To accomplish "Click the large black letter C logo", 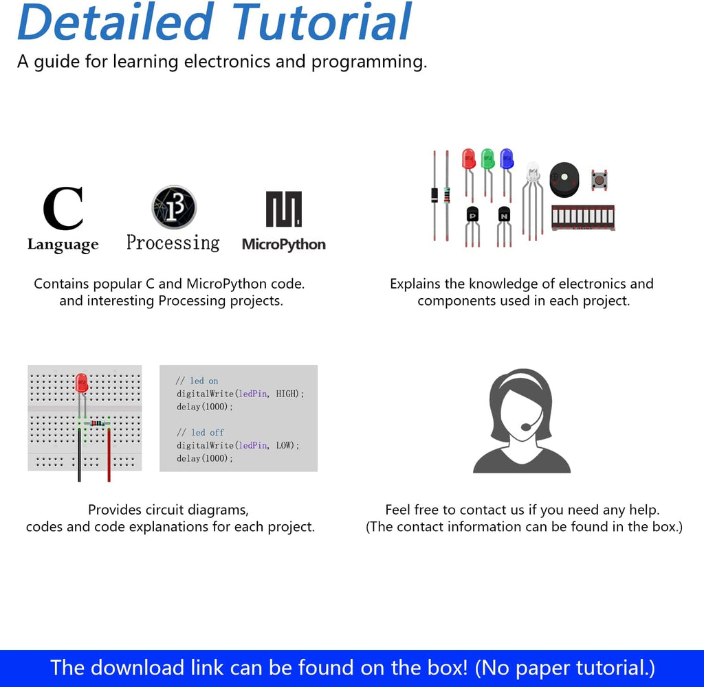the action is click(x=63, y=207).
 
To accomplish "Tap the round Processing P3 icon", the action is click(x=174, y=207).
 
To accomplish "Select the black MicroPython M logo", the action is click(x=284, y=209).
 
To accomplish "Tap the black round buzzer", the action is click(x=564, y=179).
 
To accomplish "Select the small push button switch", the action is click(x=599, y=180).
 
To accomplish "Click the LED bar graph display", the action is click(x=583, y=218).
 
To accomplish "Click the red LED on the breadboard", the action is click(x=82, y=383).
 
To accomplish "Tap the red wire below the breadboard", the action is click(x=109, y=455).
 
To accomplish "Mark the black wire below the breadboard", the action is click(x=80, y=455).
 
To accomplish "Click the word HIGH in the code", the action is click(x=287, y=394).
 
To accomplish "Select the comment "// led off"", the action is click(x=200, y=432).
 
